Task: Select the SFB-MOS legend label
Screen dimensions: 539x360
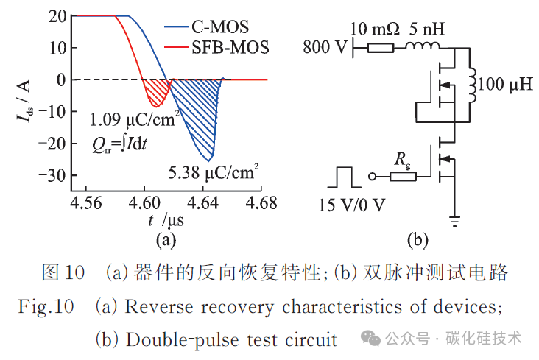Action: pos(230,47)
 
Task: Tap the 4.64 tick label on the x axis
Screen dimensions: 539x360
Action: pos(202,203)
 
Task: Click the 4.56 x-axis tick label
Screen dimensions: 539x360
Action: pos(86,203)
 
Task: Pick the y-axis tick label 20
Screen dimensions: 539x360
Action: pos(57,15)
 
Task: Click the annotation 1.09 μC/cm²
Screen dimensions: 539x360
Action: pos(135,119)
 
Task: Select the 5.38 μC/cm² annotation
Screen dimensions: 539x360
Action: pos(213,172)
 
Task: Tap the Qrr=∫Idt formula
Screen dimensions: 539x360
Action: pos(119,144)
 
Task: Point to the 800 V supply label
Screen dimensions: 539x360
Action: pos(325,47)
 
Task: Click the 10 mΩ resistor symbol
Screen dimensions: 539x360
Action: pos(381,48)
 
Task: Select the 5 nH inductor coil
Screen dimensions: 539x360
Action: pos(423,46)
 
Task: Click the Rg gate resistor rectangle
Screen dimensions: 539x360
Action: pos(403,177)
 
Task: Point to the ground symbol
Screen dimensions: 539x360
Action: pos(454,222)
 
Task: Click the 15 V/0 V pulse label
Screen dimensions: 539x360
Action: pos(352,205)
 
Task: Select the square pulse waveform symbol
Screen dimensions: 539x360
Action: pos(345,177)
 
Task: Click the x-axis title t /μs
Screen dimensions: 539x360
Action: pos(166,220)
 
